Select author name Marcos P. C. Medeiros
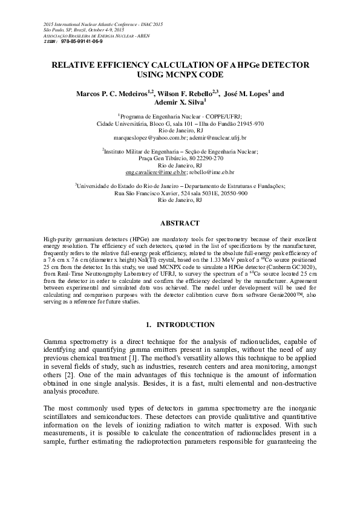click(x=113, y=94)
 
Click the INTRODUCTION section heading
click(x=185, y=325)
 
